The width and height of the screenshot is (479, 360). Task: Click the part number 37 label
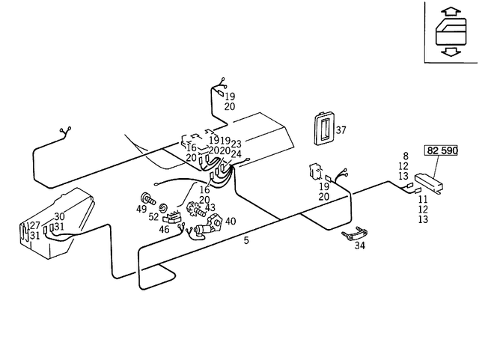pyautogui.click(x=341, y=130)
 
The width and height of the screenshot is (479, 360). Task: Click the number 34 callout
pyautogui.click(x=360, y=245)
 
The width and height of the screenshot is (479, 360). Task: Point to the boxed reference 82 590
pyautogui.click(x=442, y=150)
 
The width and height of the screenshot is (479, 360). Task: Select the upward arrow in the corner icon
pyautogui.click(x=450, y=12)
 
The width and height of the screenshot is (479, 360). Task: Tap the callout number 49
pyautogui.click(x=141, y=210)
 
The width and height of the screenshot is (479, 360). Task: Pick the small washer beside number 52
pyautogui.click(x=163, y=207)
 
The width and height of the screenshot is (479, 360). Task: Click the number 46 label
pyautogui.click(x=165, y=230)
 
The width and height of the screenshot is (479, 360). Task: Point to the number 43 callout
pyautogui.click(x=210, y=208)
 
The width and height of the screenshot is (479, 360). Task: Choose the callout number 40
pyautogui.click(x=230, y=222)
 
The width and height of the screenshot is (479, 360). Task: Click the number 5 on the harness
pyautogui.click(x=246, y=241)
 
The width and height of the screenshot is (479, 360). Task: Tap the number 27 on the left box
pyautogui.click(x=35, y=226)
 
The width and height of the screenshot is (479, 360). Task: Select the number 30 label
pyautogui.click(x=59, y=217)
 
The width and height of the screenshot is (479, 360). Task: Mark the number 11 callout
pyautogui.click(x=423, y=199)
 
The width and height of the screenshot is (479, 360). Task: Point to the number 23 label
pyautogui.click(x=236, y=144)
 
